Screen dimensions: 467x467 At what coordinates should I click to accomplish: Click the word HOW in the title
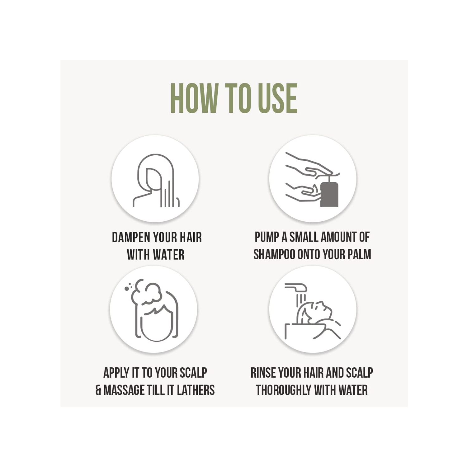[193, 98]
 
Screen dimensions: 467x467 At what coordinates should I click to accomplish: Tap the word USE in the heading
[277, 98]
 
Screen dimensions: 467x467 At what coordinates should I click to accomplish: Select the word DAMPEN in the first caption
[131, 237]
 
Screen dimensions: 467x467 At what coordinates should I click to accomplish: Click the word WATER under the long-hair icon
[168, 255]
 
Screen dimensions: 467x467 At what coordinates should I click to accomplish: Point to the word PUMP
[267, 237]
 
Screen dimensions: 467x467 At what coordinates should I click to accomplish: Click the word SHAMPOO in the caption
[274, 255]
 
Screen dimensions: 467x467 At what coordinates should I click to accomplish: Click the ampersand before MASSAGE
[98, 390]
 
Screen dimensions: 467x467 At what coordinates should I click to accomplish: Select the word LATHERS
[196, 390]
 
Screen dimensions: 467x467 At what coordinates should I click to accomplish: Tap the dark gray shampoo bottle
[329, 193]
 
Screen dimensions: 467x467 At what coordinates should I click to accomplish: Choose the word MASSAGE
[124, 390]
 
